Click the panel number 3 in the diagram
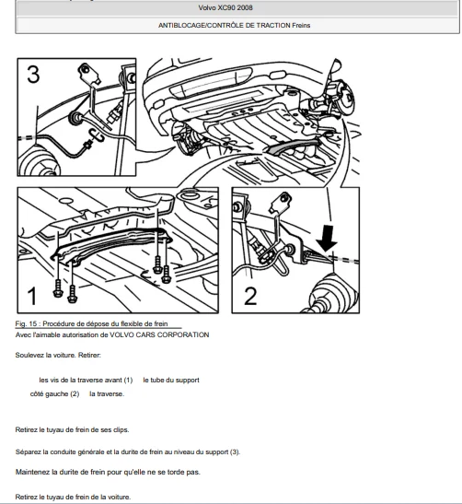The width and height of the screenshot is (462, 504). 33,75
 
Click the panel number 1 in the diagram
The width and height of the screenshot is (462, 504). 32,296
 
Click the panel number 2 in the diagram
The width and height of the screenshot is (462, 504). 250,296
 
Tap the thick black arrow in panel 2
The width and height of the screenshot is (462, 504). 327,238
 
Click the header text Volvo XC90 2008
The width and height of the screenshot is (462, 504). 225,7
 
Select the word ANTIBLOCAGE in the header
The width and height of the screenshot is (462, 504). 181,26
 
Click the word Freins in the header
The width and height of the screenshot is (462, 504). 301,26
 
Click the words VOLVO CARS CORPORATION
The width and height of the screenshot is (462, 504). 159,335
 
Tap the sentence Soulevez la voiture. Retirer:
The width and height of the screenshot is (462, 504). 58,355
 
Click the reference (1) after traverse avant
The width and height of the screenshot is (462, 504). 128,380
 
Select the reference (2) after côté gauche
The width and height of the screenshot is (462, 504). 75,393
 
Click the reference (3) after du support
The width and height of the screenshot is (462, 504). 235,451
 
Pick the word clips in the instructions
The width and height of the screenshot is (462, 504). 121,429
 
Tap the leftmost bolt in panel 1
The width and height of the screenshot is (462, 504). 58,288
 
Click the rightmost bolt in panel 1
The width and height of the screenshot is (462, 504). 166,275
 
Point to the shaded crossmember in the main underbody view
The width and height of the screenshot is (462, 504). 292,146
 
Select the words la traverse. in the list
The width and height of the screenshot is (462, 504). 107,393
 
